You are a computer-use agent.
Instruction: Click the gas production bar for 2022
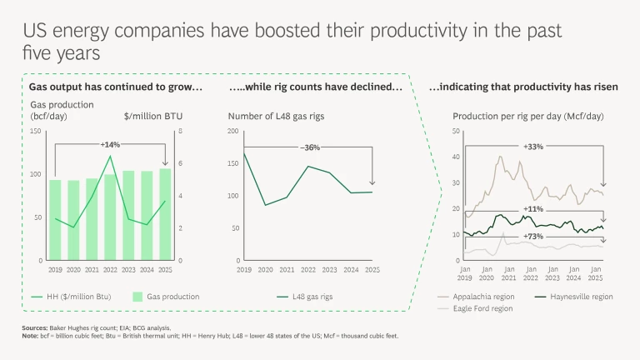point(110,217)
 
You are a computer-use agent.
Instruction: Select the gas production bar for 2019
point(55,220)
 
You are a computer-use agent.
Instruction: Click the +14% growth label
point(111,144)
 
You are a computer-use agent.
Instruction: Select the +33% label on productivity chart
point(533,147)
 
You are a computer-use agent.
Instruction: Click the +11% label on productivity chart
point(533,209)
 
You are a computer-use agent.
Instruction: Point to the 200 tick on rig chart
point(232,132)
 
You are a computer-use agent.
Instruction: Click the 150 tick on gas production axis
point(35,132)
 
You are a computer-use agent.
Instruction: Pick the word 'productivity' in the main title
point(388,32)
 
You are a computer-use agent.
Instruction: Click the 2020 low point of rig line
point(265,205)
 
